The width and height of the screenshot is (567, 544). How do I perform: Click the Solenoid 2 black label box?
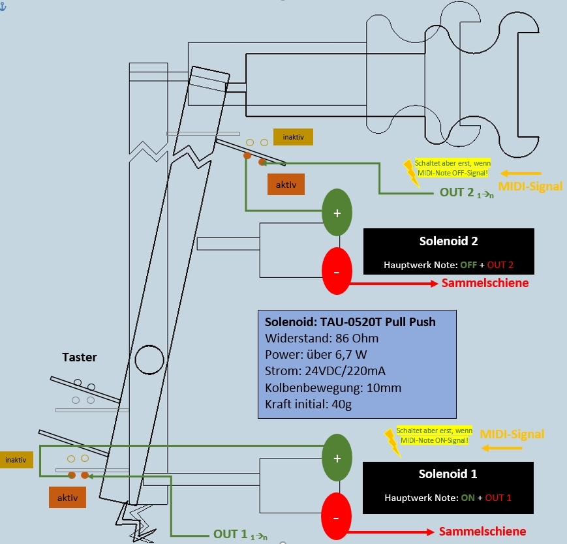point(448,251)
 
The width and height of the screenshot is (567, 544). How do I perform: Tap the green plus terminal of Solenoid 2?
point(337,213)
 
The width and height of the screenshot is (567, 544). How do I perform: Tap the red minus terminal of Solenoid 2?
point(337,271)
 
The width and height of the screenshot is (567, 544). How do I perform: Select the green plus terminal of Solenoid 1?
point(337,458)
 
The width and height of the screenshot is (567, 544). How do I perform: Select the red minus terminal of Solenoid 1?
point(336,517)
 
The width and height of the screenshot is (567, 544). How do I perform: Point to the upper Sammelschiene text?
point(485,284)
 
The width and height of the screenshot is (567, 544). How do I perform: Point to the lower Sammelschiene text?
point(483,531)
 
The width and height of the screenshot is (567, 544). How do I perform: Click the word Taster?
point(80,357)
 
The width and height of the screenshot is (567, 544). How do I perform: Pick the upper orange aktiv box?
point(286,185)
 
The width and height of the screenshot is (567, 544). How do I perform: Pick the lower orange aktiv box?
point(68,498)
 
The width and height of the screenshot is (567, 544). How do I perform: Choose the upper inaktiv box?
point(293,137)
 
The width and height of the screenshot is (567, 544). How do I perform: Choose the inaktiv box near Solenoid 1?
point(16,460)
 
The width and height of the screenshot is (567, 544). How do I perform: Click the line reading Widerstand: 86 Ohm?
point(322,339)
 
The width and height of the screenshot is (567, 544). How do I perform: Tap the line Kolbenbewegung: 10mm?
point(333,388)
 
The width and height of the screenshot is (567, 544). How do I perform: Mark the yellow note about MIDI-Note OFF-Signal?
point(452,167)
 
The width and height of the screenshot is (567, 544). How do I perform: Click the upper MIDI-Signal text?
point(530,187)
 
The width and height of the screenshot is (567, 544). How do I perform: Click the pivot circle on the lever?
point(149,359)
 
